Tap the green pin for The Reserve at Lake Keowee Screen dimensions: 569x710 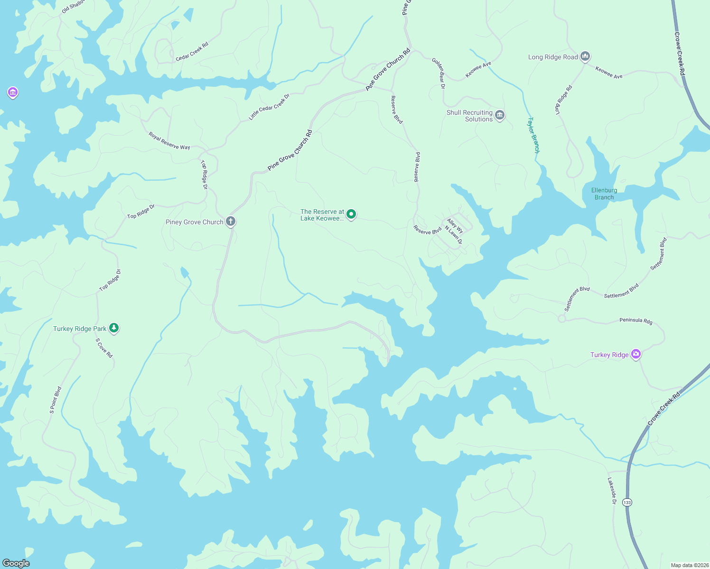351,214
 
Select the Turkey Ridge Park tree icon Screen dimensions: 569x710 113,328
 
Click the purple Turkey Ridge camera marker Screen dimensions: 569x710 636,354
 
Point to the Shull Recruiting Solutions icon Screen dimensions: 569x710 499,115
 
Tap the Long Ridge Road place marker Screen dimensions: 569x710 585,56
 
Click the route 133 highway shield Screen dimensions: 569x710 627,502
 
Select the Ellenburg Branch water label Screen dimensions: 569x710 604,193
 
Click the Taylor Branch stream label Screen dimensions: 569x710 534,135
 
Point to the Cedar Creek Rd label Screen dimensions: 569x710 192,52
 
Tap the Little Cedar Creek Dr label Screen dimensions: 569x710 269,107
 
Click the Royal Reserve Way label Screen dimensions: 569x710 169,141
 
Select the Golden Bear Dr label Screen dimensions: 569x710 439,73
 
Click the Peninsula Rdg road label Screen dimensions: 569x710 636,321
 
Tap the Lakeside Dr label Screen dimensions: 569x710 612,491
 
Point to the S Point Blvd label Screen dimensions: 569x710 56,400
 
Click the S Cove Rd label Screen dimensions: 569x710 104,348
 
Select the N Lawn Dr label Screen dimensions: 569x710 453,235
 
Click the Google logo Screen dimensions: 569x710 16,563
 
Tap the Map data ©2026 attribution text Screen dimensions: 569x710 689,565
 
